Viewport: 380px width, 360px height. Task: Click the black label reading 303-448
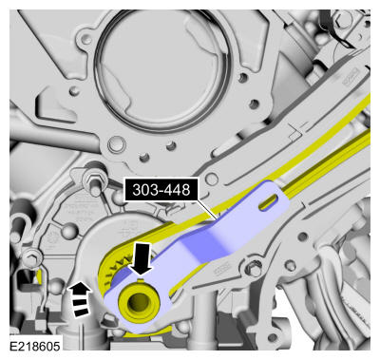[161, 190]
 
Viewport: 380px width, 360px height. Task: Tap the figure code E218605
[35, 346]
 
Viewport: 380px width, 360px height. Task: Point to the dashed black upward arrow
[80, 299]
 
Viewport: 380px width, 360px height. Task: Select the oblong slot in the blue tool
[269, 202]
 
